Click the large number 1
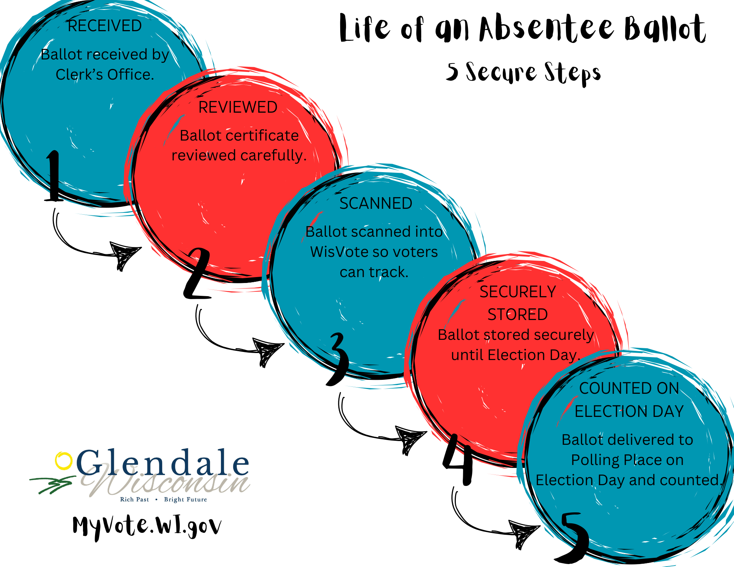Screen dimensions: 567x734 pos(54,176)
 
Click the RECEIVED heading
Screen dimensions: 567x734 pos(105,26)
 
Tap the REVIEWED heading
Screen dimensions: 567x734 pos(238,108)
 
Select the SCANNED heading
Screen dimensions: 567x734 pos(376,204)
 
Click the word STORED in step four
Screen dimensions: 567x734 pos(517,315)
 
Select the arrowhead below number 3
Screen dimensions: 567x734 pos(410,439)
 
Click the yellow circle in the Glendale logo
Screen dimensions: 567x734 pos(63,461)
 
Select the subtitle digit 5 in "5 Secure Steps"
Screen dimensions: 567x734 pos(453,71)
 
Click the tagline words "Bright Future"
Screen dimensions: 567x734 pos(185,499)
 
